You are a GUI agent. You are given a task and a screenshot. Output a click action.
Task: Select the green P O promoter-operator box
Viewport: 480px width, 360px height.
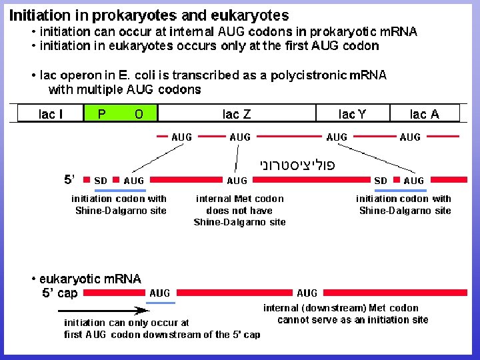pos(121,114)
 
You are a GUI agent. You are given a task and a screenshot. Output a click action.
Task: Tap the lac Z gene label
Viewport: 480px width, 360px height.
pos(237,114)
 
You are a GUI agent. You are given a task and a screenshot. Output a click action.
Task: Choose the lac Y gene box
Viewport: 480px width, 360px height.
pos(352,114)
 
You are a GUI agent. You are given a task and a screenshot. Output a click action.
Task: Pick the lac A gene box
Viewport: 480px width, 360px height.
pos(425,114)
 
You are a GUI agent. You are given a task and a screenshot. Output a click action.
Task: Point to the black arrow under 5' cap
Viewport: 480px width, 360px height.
pos(103,309)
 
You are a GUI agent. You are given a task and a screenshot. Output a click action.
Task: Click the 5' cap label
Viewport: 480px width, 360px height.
pos(60,293)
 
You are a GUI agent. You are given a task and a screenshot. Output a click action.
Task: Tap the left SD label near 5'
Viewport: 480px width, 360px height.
pos(101,181)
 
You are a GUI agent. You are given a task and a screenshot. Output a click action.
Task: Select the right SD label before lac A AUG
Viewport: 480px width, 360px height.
pos(381,181)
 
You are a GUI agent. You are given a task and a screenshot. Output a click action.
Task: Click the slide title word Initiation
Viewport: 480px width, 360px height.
pos(39,15)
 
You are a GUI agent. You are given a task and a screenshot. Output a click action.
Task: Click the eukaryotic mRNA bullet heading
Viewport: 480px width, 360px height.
pos(90,279)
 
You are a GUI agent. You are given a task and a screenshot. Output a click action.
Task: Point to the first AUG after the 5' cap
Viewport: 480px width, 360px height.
pos(160,293)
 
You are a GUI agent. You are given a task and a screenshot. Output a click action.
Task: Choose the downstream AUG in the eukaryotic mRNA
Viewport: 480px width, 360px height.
pos(307,293)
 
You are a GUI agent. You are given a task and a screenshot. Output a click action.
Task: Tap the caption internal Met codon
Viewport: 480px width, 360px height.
pos(239,199)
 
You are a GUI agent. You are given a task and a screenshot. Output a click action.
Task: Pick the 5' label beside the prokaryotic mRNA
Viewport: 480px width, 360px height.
pos(70,179)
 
